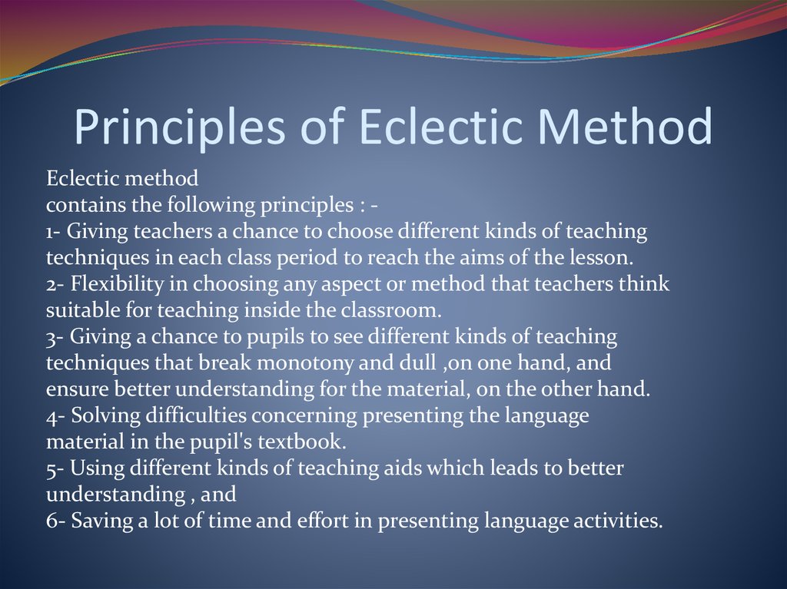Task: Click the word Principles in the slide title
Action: [x=181, y=128]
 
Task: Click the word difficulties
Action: [x=192, y=415]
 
